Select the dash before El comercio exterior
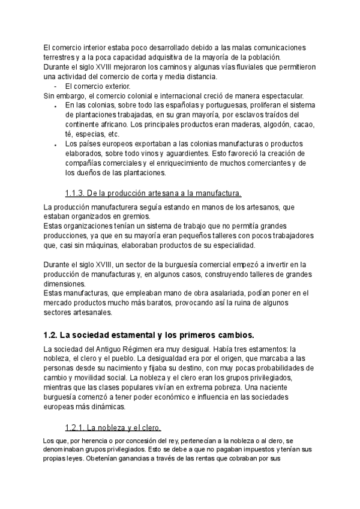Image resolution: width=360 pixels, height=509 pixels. tap(55, 86)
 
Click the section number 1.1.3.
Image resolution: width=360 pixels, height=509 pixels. tap(74, 193)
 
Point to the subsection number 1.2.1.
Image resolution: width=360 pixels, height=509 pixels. tap(74, 427)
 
